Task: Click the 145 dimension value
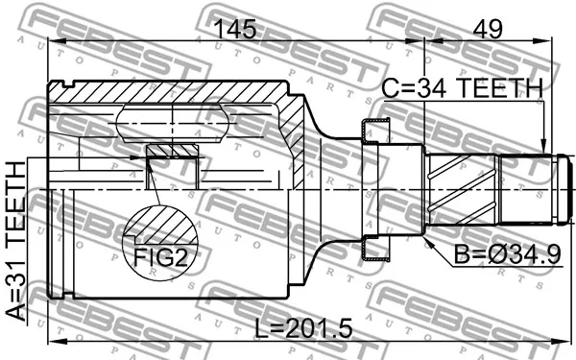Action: coord(235,29)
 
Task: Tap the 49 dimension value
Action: coord(488,29)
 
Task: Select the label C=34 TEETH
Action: coord(463,87)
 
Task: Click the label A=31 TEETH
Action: coord(15,242)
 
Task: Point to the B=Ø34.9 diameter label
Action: coord(507,254)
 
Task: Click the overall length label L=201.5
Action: coord(303,328)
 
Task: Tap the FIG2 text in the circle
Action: coord(160,257)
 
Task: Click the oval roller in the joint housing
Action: coord(172,124)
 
